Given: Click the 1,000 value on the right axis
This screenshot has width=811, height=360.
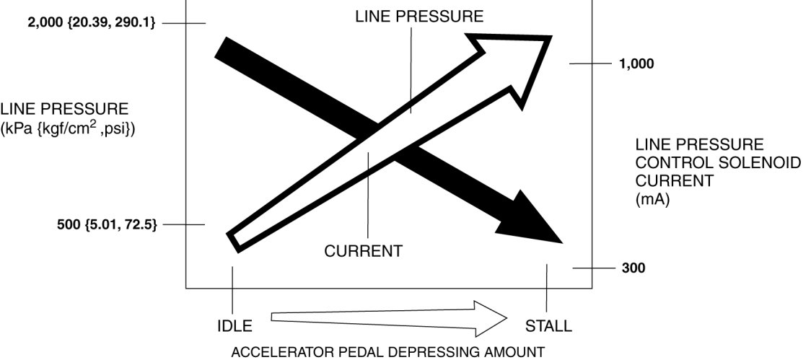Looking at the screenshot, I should point(636,63).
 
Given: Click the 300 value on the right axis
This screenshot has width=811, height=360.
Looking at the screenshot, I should point(633,268).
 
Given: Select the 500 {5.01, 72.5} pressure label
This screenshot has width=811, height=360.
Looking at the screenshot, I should point(107,224).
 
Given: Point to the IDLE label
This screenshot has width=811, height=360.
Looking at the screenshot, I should point(234,326).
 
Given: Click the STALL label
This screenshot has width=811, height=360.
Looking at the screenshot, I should point(548,326).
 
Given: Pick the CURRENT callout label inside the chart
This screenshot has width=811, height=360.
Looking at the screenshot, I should point(362,252).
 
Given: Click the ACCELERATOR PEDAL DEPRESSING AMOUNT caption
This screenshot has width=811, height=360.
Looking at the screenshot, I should point(387,353).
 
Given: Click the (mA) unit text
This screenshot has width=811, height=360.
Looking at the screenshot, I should point(652,201).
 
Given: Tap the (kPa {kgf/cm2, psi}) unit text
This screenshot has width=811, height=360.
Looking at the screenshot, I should point(69,130).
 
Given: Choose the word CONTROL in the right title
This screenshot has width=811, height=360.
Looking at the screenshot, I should point(668,163).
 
